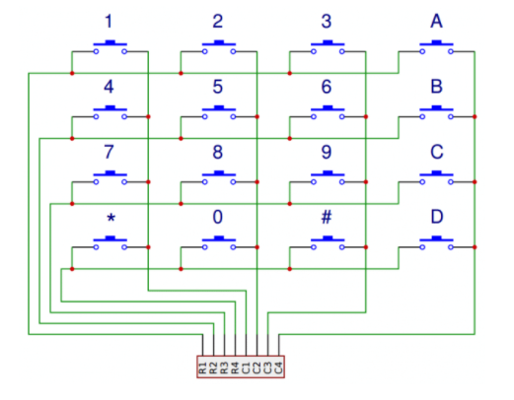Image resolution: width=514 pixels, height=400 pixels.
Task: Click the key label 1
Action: pos(109,22)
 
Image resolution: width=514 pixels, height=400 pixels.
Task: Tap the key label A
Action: pos(436,22)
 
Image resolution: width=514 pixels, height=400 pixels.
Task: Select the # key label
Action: pos(327,217)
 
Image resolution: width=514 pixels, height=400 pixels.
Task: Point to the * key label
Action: pos(111,218)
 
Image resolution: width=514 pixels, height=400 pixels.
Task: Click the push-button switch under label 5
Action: pos(219,112)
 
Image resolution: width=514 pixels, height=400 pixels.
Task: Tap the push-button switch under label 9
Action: pos(328,177)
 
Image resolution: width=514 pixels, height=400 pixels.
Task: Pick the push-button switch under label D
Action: pos(436,243)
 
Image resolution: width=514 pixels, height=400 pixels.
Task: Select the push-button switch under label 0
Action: pos(219,243)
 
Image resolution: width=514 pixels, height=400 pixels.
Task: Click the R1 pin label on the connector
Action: pos(202,367)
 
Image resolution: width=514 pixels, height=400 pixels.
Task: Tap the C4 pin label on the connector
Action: pos(278,367)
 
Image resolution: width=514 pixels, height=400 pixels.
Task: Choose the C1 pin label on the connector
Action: pos(246,367)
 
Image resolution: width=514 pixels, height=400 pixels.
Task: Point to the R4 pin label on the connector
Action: pos(235,367)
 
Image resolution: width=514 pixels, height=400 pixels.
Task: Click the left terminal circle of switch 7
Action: pos(96,182)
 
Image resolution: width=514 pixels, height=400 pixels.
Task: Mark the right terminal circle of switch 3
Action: pos(342,51)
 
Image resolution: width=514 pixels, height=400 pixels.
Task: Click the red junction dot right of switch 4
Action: pos(148,116)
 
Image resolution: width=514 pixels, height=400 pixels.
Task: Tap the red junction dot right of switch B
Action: pos(475,116)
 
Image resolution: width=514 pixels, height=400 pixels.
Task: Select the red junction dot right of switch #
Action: pos(366,247)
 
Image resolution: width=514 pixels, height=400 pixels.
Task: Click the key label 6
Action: pos(327,87)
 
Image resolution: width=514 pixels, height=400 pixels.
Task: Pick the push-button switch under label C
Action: pos(436,177)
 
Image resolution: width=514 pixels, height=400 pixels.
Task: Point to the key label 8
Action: pos(217,152)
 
